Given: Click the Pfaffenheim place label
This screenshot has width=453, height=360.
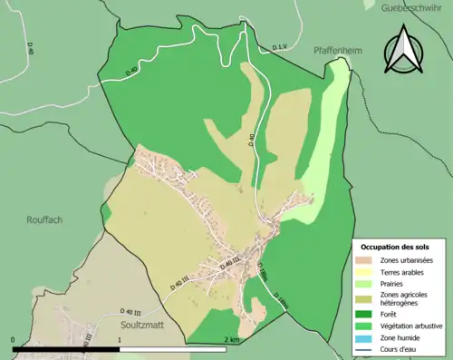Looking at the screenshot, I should [337, 51].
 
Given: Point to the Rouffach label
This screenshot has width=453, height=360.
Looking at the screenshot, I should [44, 219].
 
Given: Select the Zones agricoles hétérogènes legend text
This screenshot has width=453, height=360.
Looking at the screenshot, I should [406, 299].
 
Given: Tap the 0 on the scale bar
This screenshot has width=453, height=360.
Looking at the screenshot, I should [13, 339].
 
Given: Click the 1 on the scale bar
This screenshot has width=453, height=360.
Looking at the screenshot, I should [120, 339].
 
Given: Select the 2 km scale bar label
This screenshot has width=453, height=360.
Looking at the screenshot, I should [233, 339].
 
